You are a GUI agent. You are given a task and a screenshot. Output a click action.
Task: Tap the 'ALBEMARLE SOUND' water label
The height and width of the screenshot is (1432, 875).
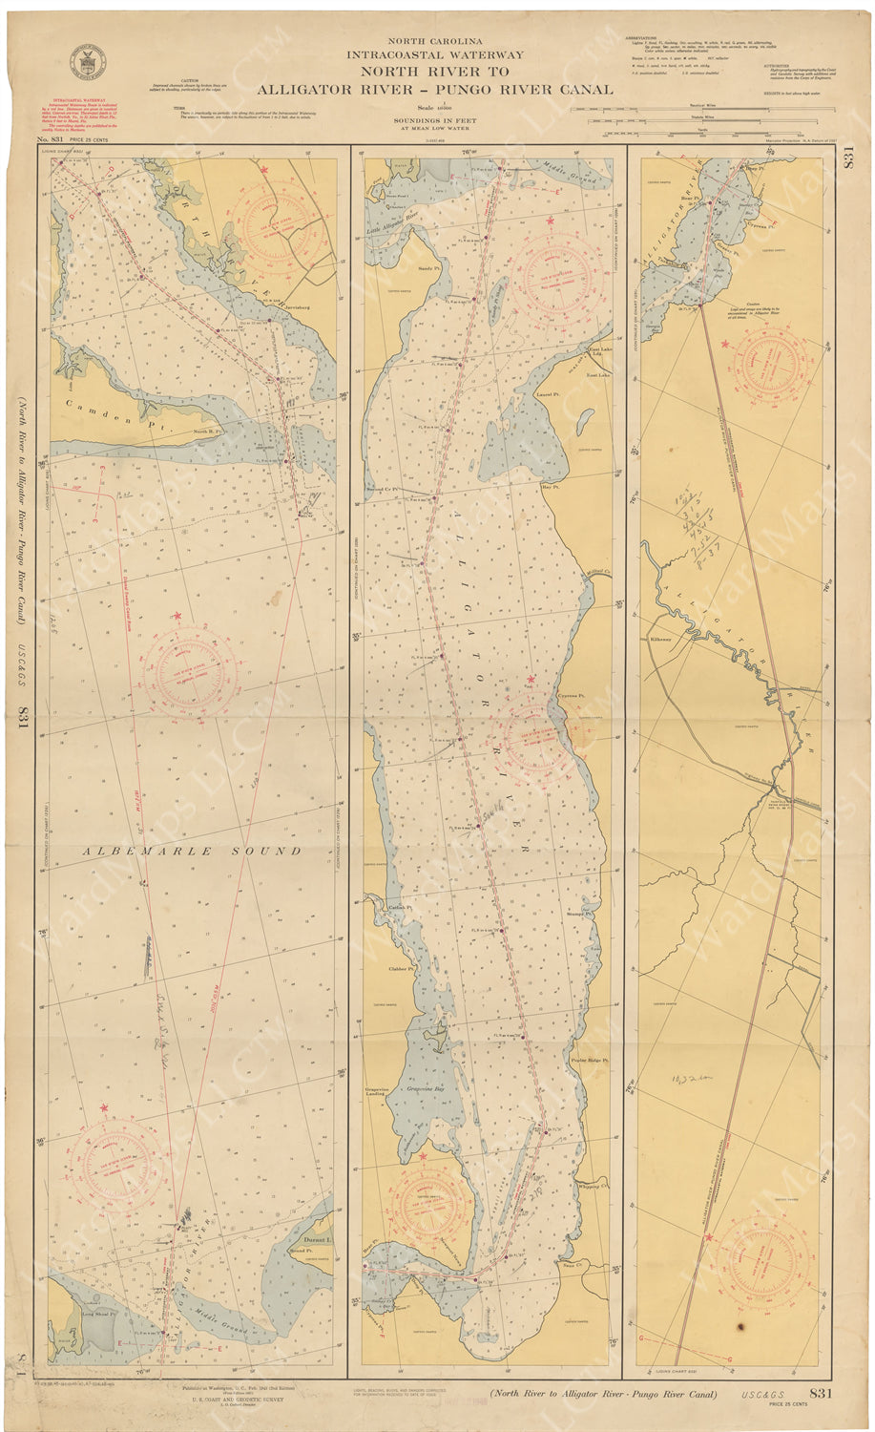coord(191,851)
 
